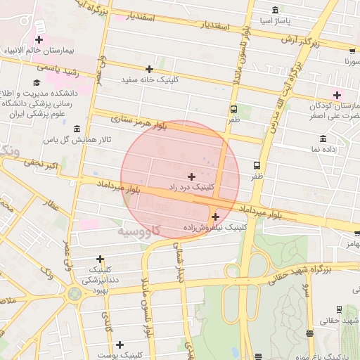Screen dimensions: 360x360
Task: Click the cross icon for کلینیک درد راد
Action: click(191, 176)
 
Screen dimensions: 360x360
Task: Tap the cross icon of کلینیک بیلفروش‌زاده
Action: click(215, 217)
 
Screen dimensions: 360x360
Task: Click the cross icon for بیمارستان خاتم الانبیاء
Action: click(39, 40)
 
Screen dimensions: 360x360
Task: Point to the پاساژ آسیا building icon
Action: click(274, 11)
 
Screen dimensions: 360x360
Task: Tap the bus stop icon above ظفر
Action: click(233, 109)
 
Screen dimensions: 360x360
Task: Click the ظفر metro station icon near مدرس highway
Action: click(257, 165)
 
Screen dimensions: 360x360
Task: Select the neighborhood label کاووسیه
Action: click(139, 230)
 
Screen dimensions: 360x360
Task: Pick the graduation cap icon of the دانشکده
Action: click(37, 83)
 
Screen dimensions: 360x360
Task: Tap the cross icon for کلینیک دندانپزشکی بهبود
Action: click(100, 259)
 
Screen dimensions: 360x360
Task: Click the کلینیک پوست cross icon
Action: click(120, 345)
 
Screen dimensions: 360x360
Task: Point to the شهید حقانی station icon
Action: click(339, 309)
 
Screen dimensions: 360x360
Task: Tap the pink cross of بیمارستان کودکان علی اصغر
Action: click(337, 95)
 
